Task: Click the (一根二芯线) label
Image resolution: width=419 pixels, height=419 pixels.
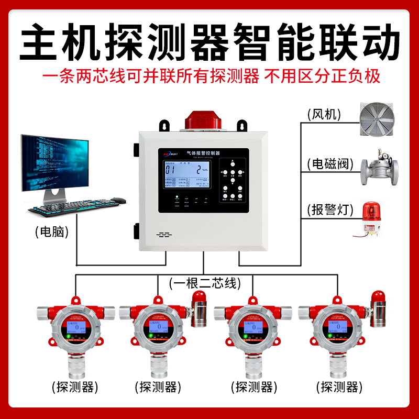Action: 205,283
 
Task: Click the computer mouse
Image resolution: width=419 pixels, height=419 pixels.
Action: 119,200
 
